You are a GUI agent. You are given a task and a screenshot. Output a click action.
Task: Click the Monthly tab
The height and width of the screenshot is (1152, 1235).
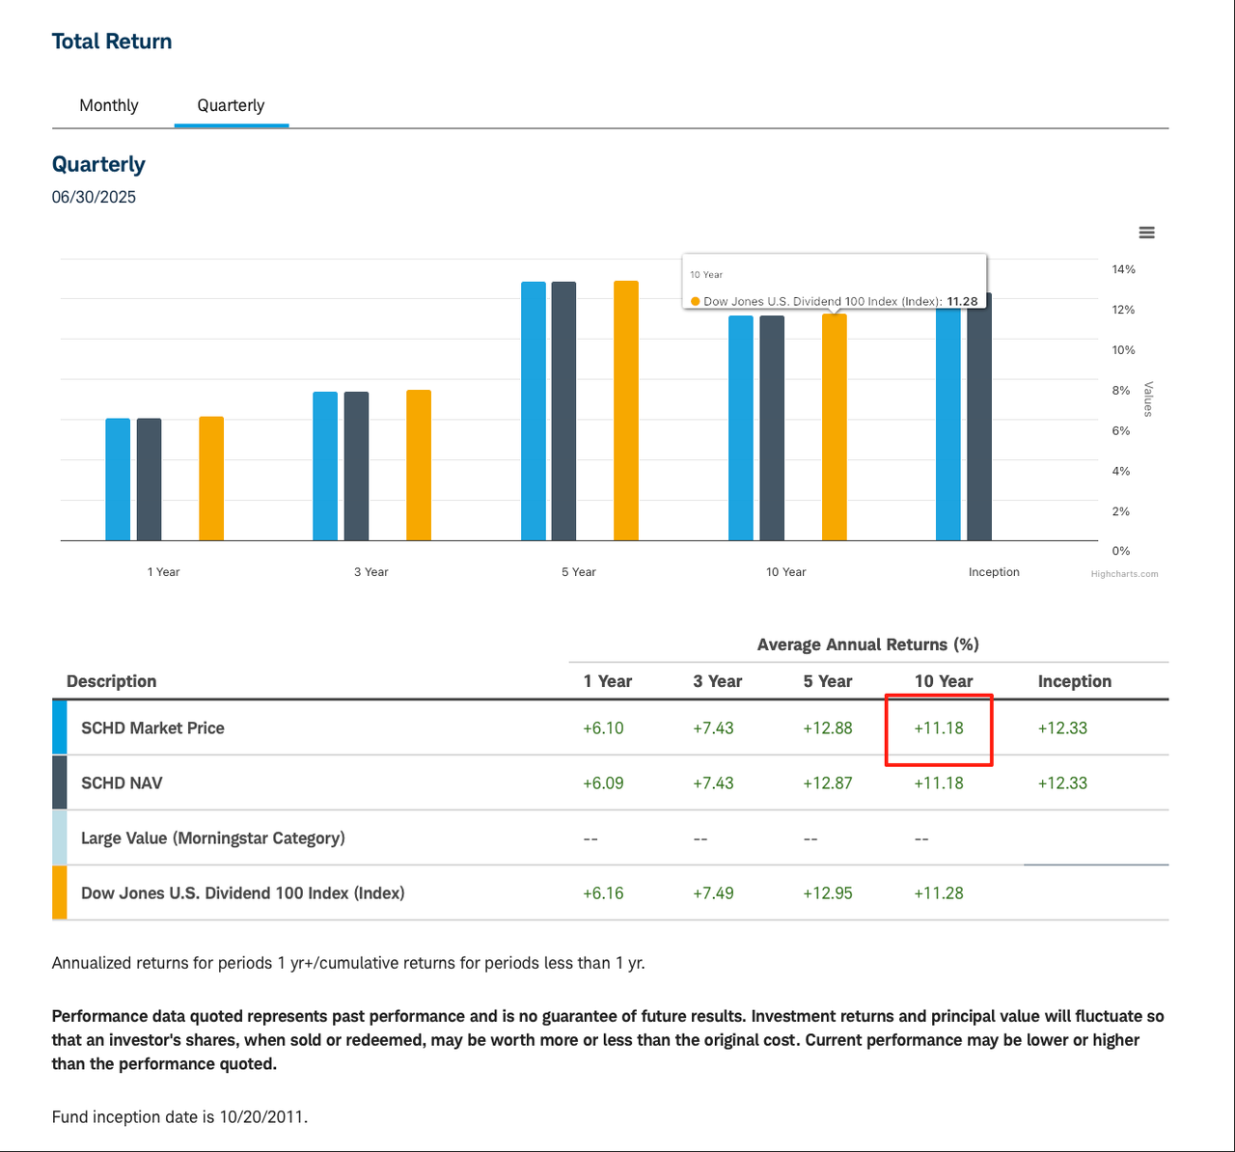pyautogui.click(x=108, y=105)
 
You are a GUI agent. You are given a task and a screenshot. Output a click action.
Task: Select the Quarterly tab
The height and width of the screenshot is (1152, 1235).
pyautogui.click(x=231, y=105)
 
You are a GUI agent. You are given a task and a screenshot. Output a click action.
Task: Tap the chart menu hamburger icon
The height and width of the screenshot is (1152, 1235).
pyautogui.click(x=1146, y=233)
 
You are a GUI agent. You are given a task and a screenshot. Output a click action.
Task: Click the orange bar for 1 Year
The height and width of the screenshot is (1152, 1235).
pyautogui.click(x=211, y=479)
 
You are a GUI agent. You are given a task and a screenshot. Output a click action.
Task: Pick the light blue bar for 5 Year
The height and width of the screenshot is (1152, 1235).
pyautogui.click(x=534, y=411)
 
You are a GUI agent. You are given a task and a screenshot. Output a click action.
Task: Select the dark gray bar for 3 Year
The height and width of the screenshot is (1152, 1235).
pyautogui.click(x=356, y=466)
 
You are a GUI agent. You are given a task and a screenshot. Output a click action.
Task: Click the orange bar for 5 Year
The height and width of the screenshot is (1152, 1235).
pyautogui.click(x=626, y=411)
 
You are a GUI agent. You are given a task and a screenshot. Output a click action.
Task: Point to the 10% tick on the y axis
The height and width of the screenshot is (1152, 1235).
pyautogui.click(x=1123, y=350)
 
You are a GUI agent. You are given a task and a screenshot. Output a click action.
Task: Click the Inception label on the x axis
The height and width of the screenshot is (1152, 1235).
pyautogui.click(x=994, y=572)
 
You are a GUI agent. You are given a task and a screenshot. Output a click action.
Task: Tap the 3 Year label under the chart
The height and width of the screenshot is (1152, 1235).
pyautogui.click(x=370, y=572)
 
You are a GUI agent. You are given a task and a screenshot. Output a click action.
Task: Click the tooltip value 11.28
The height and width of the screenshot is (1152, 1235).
pyautogui.click(x=962, y=301)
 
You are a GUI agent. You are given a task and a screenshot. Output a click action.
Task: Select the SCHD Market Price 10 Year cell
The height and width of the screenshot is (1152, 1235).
pyautogui.click(x=939, y=728)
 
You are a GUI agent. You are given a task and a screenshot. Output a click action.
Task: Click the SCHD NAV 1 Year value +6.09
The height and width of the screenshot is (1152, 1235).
pyautogui.click(x=603, y=783)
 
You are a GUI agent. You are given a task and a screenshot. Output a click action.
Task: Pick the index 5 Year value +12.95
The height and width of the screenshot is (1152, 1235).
pyautogui.click(x=828, y=893)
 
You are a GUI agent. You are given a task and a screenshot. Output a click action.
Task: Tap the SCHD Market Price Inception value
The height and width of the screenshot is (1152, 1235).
pyautogui.click(x=1062, y=728)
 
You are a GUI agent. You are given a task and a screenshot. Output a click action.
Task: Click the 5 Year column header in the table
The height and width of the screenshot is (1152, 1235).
pyautogui.click(x=828, y=681)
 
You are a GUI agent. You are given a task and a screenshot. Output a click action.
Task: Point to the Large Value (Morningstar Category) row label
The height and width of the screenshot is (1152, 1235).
pyautogui.click(x=212, y=838)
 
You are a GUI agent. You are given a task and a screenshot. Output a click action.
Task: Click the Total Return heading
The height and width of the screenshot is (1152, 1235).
pyautogui.click(x=112, y=41)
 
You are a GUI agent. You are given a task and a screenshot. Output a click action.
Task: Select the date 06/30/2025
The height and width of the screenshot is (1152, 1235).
pyautogui.click(x=94, y=197)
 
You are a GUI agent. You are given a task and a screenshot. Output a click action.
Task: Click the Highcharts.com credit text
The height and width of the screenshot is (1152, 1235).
pyautogui.click(x=1124, y=574)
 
